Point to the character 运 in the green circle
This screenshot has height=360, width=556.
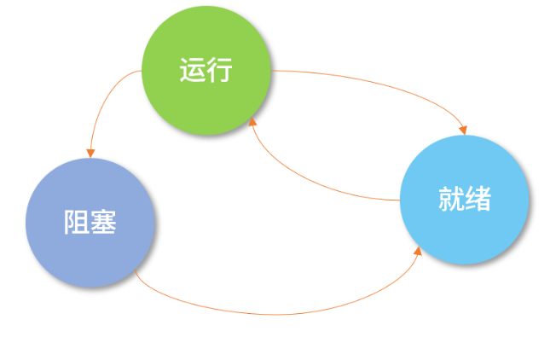(x=192, y=70)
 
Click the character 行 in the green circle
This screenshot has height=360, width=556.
(x=219, y=70)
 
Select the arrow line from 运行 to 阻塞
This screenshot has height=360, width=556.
(x=101, y=102)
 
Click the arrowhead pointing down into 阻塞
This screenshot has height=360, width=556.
(x=90, y=153)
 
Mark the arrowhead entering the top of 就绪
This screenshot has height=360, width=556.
(x=464, y=130)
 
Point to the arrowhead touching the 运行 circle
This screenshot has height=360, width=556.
(x=252, y=123)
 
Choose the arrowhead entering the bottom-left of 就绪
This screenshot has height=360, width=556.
(x=419, y=251)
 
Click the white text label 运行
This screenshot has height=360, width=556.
(x=206, y=70)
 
